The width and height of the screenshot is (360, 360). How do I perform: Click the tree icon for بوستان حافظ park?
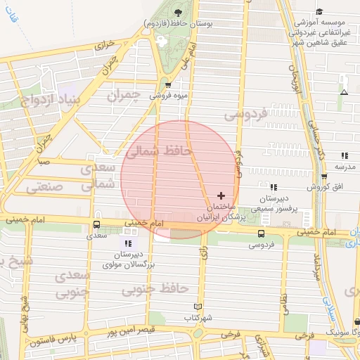point(178,12)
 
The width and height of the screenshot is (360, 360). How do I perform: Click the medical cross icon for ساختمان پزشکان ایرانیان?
point(221,195)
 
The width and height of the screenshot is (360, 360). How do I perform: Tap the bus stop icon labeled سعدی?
point(96,224)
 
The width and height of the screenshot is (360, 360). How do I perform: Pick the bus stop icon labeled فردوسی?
point(262,233)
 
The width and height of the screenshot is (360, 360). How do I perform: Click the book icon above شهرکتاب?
point(198,307)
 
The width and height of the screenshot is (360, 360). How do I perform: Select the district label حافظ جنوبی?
point(163,288)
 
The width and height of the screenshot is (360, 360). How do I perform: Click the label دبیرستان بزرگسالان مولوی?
point(128,259)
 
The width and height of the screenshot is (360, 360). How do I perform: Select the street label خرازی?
point(104,44)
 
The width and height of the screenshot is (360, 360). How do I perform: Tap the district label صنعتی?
point(46,188)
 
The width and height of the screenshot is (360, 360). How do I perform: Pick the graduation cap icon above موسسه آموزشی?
point(320,12)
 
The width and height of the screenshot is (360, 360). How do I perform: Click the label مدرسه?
point(345,167)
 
